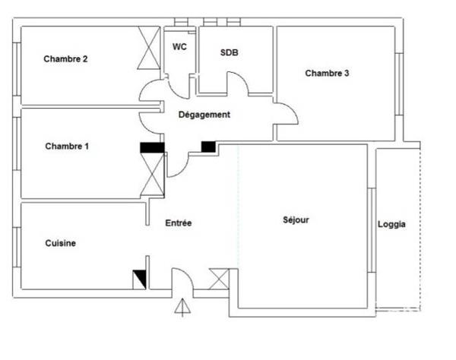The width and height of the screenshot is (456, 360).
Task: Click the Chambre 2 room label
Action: click(x=65, y=59)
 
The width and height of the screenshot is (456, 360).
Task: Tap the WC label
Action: click(x=179, y=47)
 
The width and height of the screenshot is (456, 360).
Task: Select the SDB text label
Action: click(x=230, y=52)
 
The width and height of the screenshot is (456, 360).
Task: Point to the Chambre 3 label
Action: click(x=327, y=73)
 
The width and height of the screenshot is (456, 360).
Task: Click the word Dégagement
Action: click(x=204, y=115)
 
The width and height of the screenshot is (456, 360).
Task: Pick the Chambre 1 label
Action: click(x=67, y=146)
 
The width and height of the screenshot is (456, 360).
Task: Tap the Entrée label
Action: click(x=179, y=223)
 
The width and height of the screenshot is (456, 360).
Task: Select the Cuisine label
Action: click(x=61, y=243)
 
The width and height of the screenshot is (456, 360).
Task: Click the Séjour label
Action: click(x=296, y=220)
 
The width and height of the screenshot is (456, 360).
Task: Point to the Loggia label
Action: click(x=391, y=224)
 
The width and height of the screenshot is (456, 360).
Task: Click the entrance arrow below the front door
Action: click(x=182, y=308)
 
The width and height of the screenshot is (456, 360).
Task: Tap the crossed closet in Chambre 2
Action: click(x=149, y=48)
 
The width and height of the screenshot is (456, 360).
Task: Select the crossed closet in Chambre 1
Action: click(x=153, y=175)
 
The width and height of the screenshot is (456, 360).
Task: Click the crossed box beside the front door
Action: click(x=219, y=279)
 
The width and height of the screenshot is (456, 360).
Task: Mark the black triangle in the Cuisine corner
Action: click(x=140, y=279)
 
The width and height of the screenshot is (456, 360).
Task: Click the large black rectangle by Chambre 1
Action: click(x=153, y=147)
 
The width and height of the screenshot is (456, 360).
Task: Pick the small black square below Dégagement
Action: click(x=208, y=147)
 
